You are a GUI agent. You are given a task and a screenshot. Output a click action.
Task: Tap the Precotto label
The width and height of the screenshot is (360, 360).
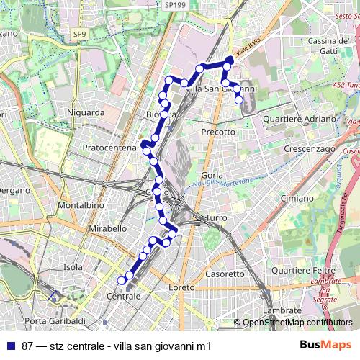click(218, 132)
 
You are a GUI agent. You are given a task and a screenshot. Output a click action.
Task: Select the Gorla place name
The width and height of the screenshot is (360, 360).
click(212, 175)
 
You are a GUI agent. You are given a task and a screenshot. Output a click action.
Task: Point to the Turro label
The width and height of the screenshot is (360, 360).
click(216, 217)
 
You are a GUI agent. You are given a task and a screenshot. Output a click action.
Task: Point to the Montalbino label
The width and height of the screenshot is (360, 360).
click(76, 205)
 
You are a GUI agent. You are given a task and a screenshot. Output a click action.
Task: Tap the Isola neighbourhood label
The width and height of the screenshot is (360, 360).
click(73, 267)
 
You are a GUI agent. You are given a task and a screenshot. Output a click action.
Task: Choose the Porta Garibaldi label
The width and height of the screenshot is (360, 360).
click(55, 320)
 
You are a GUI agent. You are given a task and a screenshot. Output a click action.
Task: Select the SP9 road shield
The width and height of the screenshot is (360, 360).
click(78, 34)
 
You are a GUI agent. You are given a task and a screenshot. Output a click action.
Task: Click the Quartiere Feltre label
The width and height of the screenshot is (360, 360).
click(315, 269)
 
